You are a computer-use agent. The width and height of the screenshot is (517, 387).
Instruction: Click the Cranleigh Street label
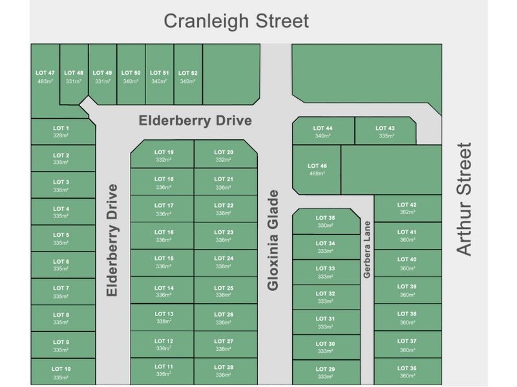[237, 21]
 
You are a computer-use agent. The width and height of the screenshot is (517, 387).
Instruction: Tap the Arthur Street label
[465, 199]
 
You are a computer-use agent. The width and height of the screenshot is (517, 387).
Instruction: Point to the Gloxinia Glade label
[273, 240]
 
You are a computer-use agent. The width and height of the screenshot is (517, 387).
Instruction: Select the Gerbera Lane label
[366, 250]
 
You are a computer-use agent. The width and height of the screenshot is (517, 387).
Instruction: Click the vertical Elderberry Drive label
[112, 240]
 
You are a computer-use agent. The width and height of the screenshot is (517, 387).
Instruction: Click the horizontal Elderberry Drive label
[195, 121]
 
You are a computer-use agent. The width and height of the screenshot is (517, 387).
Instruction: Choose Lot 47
[45, 77]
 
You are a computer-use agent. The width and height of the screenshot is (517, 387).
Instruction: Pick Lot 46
[317, 169]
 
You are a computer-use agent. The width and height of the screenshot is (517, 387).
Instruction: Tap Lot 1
[61, 132]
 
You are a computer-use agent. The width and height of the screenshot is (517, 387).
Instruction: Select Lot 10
[61, 372]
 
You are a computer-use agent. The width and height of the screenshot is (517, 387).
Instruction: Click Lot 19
[164, 155]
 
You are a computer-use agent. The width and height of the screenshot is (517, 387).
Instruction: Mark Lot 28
[223, 371]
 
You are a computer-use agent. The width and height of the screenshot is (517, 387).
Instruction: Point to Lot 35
[326, 221]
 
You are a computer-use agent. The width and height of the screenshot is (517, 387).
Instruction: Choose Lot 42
[407, 208]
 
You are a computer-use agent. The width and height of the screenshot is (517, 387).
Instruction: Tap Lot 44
[322, 132]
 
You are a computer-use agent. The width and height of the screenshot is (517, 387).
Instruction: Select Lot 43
[385, 132]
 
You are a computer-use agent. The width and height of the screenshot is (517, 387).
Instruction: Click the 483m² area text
[45, 81]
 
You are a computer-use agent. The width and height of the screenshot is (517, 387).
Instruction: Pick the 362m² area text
[407, 212]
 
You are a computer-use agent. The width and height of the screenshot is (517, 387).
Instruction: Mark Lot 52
[187, 77]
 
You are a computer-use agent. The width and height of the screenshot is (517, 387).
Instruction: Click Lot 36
[407, 372]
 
